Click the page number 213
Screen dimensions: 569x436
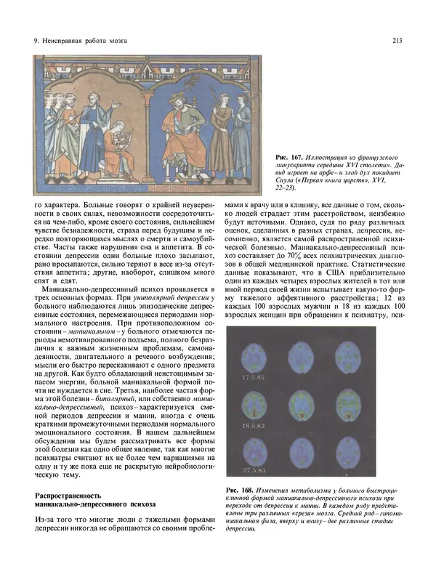coord(398,40)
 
